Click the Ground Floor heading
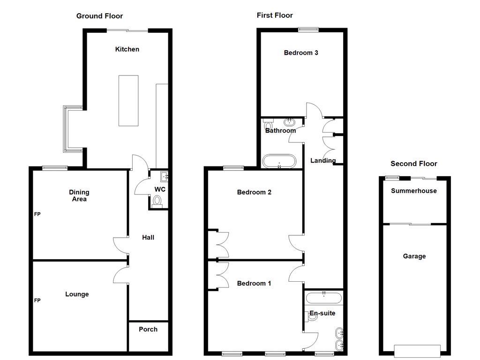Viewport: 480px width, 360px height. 99,16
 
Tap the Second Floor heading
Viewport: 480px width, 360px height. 413,164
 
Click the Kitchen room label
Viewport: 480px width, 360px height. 127,49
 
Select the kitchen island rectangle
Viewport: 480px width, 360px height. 128,100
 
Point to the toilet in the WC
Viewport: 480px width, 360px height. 157,202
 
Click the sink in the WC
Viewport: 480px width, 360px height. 164,177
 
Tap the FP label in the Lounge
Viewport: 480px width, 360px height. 37,300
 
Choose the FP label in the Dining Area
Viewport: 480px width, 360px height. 37,214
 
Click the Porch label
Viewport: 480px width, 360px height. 148,329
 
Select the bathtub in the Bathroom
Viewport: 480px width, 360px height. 279,161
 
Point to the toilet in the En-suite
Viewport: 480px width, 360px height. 312,317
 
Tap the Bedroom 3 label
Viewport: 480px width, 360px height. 301,53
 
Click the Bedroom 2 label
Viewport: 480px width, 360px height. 254,192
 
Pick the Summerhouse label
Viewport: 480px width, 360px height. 414,191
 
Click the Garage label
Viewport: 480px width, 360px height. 414,256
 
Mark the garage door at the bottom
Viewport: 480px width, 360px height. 417,351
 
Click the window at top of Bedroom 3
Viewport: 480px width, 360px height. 308,30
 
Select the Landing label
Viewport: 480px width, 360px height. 323,160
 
